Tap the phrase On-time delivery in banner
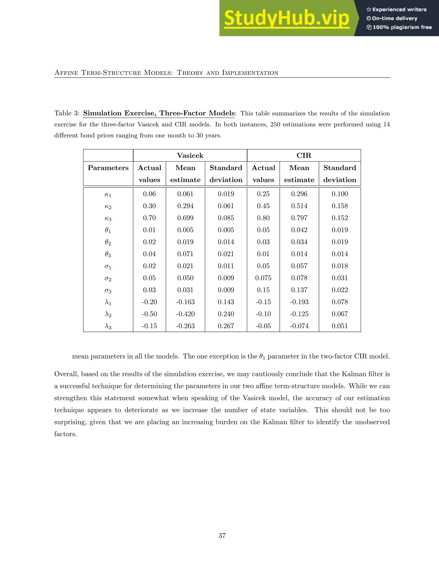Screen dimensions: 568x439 [x=395, y=18]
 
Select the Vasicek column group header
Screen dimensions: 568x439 [x=190, y=156]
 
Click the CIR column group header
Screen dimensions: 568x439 [x=304, y=156]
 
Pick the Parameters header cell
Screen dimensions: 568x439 [x=108, y=168]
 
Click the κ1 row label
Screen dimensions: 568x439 [x=108, y=194]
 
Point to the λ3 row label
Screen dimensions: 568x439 [x=108, y=326]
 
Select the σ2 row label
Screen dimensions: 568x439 [x=108, y=278]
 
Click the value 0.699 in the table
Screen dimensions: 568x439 [x=185, y=218]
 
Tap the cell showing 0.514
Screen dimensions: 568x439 [x=299, y=206]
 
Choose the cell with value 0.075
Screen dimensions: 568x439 [x=263, y=278]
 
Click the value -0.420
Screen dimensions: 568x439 [x=185, y=314]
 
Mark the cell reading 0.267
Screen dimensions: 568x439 [x=226, y=326]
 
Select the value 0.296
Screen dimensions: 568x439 [x=299, y=194]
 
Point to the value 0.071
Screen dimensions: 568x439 [x=185, y=254]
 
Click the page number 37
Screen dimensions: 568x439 [x=222, y=535]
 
